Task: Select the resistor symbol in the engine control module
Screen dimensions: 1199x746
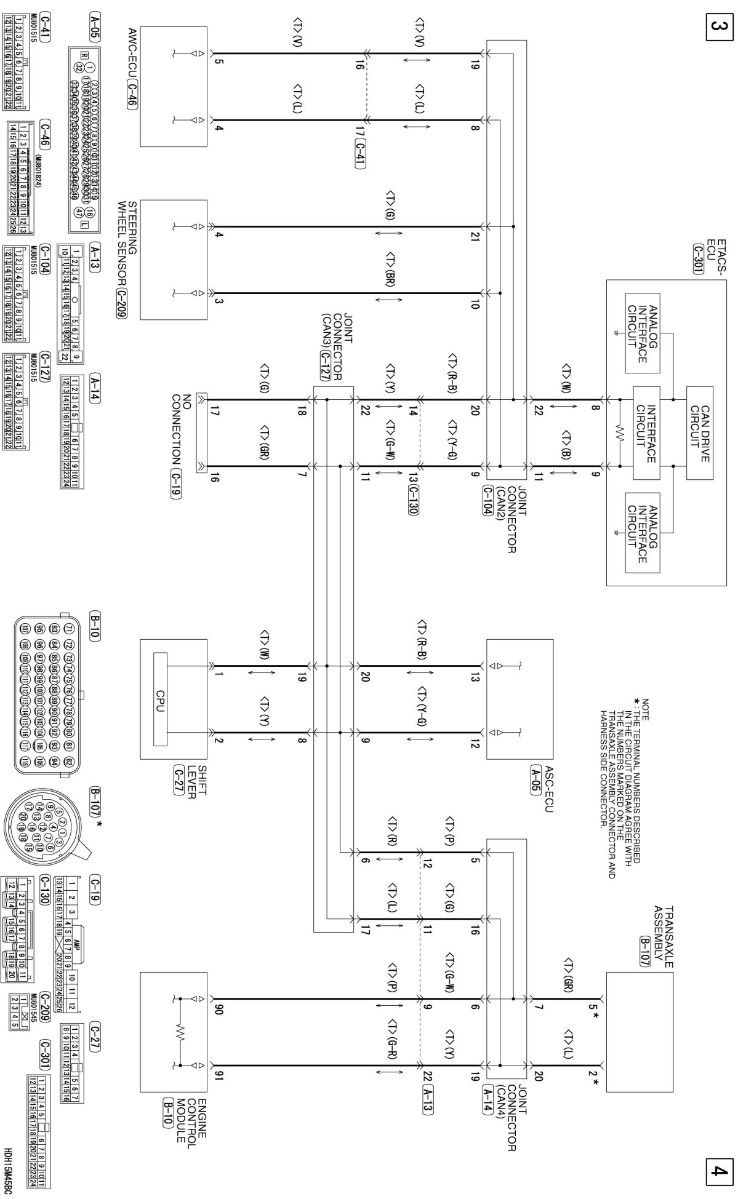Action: [x=180, y=1031]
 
